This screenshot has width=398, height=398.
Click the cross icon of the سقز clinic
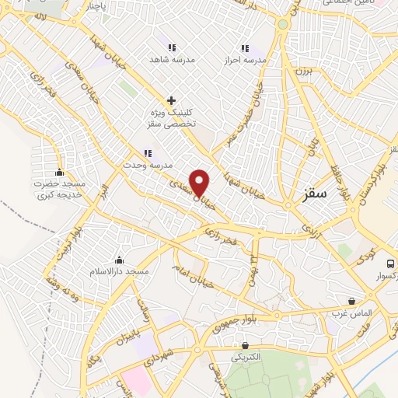point(171,100)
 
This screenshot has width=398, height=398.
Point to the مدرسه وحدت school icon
point(146,153)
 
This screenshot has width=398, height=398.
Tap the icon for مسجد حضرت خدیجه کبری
point(59,173)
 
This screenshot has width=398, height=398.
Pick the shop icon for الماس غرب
point(352,301)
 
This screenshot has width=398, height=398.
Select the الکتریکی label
point(246,358)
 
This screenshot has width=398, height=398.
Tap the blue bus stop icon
point(391,263)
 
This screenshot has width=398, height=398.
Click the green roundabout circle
point(283,25)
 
